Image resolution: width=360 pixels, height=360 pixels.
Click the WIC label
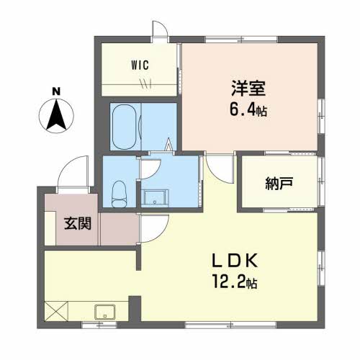140,65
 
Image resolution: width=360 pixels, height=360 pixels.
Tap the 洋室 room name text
248,89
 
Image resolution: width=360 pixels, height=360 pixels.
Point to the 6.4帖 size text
248,110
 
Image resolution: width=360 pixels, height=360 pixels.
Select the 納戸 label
279,184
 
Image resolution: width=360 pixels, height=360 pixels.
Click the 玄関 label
78,223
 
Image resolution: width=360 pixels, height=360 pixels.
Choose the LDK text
235,261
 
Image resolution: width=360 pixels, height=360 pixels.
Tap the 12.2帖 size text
235,282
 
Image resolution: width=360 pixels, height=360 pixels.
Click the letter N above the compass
56,91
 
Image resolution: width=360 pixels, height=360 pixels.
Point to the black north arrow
56,115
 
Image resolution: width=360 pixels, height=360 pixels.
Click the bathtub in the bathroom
125,127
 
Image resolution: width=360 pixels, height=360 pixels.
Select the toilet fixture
119,194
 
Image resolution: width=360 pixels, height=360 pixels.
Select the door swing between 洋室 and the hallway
217,171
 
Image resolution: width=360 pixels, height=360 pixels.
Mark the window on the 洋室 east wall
321,117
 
